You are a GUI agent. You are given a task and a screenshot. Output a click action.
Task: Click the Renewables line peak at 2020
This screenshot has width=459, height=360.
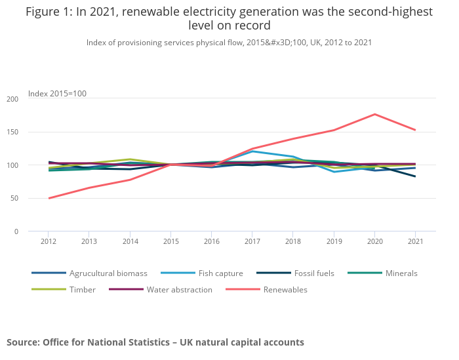tap(374, 114)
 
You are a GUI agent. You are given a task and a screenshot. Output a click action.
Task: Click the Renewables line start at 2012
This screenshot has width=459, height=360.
tap(49, 198)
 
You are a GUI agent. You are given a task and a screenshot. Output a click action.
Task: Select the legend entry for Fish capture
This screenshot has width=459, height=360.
tap(220, 273)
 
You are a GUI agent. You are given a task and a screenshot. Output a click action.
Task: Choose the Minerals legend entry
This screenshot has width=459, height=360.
tap(399, 273)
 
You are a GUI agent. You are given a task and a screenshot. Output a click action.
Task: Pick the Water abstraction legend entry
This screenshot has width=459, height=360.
tap(179, 289)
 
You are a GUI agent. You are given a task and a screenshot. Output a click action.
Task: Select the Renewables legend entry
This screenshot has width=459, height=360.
tap(285, 289)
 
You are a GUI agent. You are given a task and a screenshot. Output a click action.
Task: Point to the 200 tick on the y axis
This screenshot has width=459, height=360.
tap(12, 99)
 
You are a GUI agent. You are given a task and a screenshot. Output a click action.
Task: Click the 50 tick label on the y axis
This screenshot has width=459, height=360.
tap(14, 198)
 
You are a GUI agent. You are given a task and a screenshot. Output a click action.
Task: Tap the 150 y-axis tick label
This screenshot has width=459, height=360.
tap(12, 132)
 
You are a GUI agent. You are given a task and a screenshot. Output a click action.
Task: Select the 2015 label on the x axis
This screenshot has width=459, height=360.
tap(170, 241)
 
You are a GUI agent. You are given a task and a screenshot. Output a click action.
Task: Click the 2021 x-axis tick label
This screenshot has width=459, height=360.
tap(414, 241)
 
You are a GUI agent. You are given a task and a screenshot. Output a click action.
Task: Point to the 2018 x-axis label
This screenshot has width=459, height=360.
tap(292, 241)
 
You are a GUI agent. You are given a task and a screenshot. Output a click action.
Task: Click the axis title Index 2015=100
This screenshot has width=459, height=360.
tap(57, 94)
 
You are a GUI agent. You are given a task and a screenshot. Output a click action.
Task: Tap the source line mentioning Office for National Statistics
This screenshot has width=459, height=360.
tap(155, 342)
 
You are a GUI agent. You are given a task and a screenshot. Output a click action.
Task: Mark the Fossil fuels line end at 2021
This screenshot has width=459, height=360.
tap(415, 176)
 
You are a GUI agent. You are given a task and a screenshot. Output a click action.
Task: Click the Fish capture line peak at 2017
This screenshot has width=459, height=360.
tap(252, 151)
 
